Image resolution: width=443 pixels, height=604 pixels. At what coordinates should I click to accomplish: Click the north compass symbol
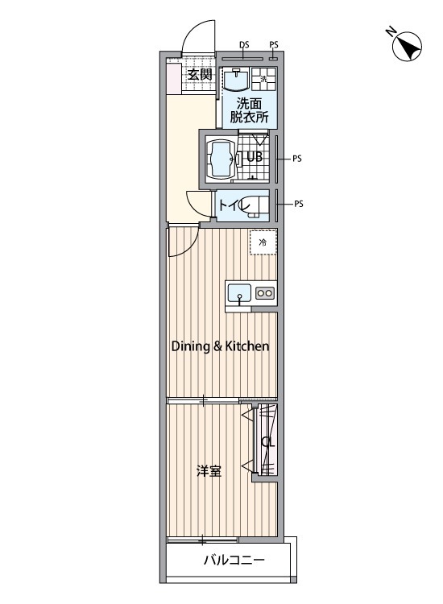pos(407,46)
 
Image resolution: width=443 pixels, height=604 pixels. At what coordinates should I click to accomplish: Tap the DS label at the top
pos(244,44)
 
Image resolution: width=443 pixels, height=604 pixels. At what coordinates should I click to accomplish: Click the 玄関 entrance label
pos(200,73)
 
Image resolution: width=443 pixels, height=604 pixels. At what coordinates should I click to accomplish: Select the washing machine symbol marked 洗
pos(263,79)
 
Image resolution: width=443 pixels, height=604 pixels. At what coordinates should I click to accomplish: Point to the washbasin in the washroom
pos(236,79)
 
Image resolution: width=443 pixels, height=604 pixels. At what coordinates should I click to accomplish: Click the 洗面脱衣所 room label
pos(249,110)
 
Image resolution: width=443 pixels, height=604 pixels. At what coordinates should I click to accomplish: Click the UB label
pos(255,156)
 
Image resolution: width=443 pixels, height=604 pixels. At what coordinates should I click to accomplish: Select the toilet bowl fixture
pos(255,205)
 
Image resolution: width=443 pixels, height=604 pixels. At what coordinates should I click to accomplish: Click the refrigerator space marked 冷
pos(263,242)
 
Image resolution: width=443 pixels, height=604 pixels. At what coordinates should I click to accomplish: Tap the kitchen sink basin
pos(239,293)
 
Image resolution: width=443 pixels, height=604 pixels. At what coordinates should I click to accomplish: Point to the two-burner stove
pos(265,293)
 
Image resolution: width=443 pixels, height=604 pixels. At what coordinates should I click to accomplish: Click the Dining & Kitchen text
pos(220,346)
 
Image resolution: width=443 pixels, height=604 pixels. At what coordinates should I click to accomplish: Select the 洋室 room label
pos(209,471)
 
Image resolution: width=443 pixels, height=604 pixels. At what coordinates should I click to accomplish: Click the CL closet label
pos(267,442)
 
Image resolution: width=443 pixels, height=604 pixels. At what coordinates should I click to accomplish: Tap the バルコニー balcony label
pos(234,560)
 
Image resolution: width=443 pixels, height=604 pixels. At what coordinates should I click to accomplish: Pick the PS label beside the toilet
pos(299,204)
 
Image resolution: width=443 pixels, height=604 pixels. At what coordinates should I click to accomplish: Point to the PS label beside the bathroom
pos(296,158)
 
